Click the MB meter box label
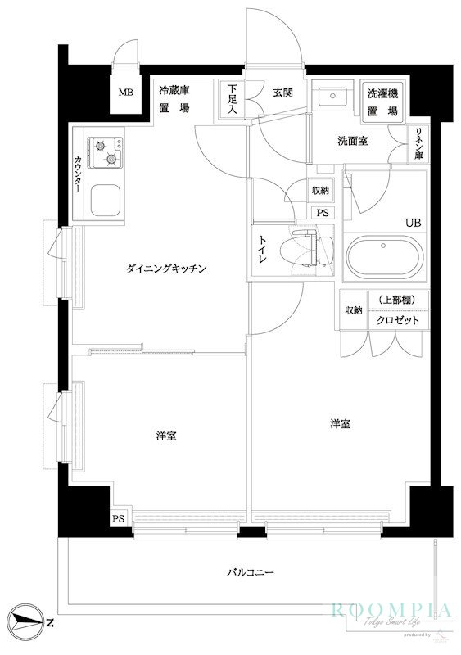point(125,92)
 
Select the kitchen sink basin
point(106,199)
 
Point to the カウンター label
point(79,172)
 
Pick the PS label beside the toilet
point(323,211)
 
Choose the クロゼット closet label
point(398,320)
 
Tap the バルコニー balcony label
point(250,573)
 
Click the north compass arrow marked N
point(29,624)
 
